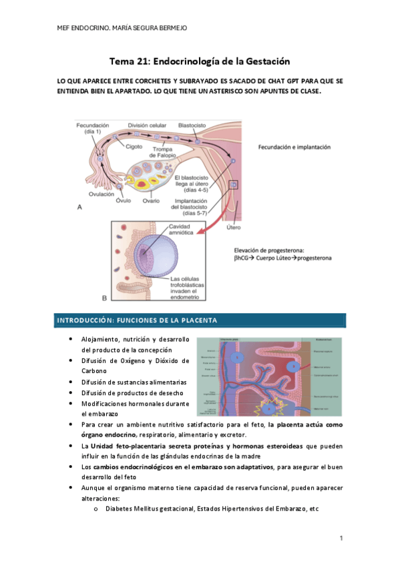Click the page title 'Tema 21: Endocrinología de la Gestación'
pyautogui.click(x=200, y=61)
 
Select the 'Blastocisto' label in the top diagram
pyautogui.click(x=192, y=125)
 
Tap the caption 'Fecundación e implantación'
pyautogui.click(x=294, y=147)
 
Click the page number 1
pyautogui.click(x=341, y=539)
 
